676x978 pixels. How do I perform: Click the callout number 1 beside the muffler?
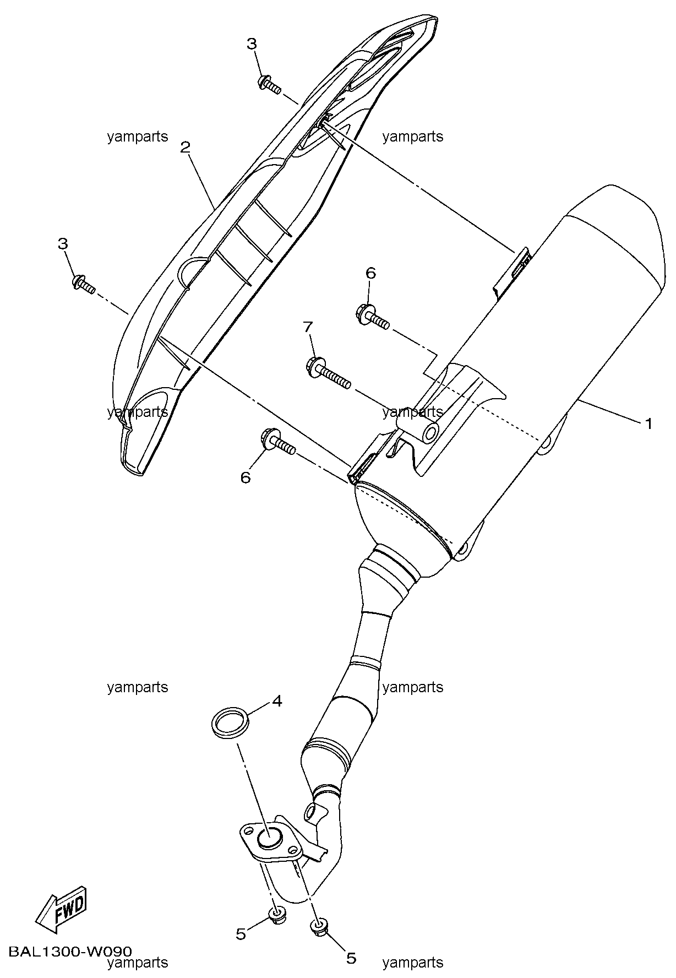[648, 423]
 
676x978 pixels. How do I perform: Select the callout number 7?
[308, 328]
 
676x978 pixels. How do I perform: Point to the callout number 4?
[277, 701]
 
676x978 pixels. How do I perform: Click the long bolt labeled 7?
[328, 372]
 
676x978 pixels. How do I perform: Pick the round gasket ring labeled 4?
[231, 722]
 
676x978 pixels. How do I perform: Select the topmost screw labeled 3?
[269, 84]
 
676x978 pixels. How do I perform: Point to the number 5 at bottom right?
[351, 959]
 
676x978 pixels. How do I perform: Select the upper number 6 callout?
[370, 273]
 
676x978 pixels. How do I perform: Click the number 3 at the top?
[252, 44]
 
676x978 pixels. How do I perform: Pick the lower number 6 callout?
[246, 477]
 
